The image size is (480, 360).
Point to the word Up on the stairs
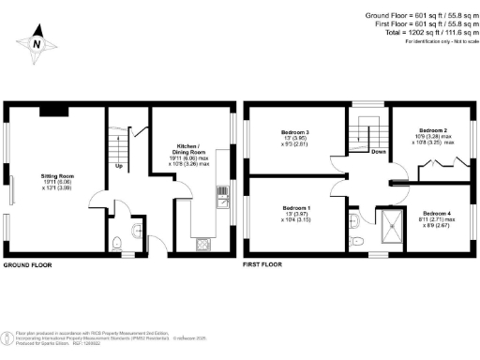119,167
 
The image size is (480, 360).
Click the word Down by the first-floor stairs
379,151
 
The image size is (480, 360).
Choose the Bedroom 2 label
432,130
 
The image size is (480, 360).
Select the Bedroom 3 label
296,134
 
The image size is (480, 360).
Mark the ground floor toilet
117,243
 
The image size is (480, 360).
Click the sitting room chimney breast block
52,112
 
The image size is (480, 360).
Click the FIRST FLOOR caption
263,265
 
